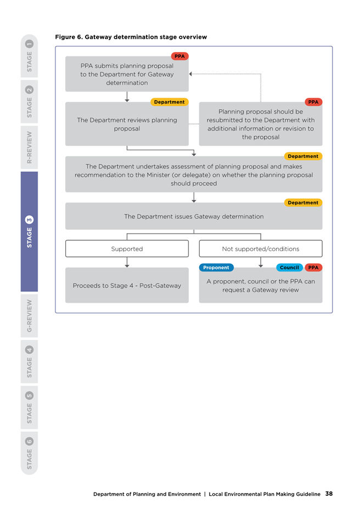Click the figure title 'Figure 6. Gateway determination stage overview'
(x=131, y=37)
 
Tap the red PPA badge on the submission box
(x=179, y=56)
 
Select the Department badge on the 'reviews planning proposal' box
(x=169, y=102)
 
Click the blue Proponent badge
(x=216, y=268)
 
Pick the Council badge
(x=290, y=268)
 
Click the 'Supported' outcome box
(x=127, y=248)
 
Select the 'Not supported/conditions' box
(x=261, y=248)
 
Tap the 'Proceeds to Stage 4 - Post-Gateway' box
(x=127, y=285)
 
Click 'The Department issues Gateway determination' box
(x=194, y=216)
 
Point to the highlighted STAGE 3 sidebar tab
(x=29, y=231)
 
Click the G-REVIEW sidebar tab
(x=29, y=315)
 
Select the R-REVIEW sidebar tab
(x=29, y=148)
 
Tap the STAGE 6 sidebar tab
(x=29, y=453)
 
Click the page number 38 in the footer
(x=329, y=494)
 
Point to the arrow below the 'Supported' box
(x=127, y=262)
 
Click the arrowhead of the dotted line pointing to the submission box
(x=190, y=74)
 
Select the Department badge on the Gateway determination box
(x=303, y=202)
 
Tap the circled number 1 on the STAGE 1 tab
(x=29, y=44)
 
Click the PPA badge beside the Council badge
(x=313, y=268)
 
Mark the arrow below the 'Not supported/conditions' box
(x=261, y=262)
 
